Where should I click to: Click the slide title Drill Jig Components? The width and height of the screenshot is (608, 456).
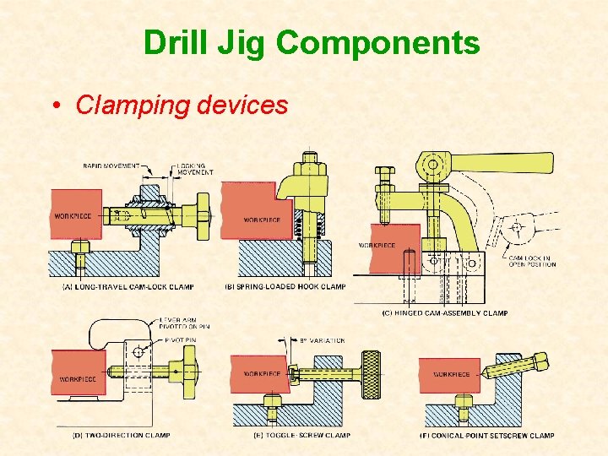tap(311, 43)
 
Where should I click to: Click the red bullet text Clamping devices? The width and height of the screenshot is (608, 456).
tap(182, 105)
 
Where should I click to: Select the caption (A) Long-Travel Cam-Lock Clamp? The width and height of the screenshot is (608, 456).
tap(128, 287)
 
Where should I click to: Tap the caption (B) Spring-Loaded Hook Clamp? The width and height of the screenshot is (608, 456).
tap(285, 286)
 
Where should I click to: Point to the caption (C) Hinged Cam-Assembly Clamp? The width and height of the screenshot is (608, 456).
tap(445, 313)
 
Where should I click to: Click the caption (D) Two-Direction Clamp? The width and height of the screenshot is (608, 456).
tap(120, 436)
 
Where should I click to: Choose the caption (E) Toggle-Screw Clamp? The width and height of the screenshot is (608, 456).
tap(290, 436)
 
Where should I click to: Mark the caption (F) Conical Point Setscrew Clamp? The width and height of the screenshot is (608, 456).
tap(487, 436)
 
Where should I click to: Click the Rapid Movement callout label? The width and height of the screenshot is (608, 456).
tap(111, 166)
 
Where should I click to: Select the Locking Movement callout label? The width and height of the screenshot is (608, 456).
tap(193, 169)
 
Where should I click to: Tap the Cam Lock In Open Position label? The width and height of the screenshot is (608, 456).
tap(532, 261)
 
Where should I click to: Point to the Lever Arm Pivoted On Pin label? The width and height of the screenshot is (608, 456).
tap(183, 322)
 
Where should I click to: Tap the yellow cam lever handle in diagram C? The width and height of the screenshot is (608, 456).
tap(507, 161)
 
